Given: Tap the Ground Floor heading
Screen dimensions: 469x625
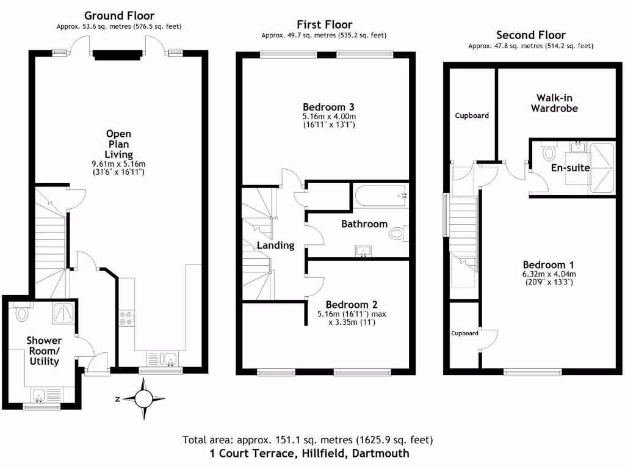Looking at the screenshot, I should (x=119, y=15).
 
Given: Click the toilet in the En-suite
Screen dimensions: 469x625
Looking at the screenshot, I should (x=547, y=151).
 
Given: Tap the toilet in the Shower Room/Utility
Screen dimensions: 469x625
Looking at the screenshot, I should (x=23, y=314).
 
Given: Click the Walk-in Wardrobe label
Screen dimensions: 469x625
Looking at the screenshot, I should (x=554, y=103).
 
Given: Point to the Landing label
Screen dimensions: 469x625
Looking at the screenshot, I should (x=275, y=245).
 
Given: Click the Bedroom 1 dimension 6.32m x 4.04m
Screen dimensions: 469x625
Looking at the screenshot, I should (x=549, y=274).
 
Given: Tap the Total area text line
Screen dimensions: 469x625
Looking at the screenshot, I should (x=308, y=440).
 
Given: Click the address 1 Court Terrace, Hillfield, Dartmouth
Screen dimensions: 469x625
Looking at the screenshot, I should (x=309, y=454).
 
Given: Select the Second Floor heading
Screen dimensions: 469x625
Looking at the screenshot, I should (x=530, y=35).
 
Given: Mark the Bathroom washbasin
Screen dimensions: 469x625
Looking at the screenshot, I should (x=364, y=250).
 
